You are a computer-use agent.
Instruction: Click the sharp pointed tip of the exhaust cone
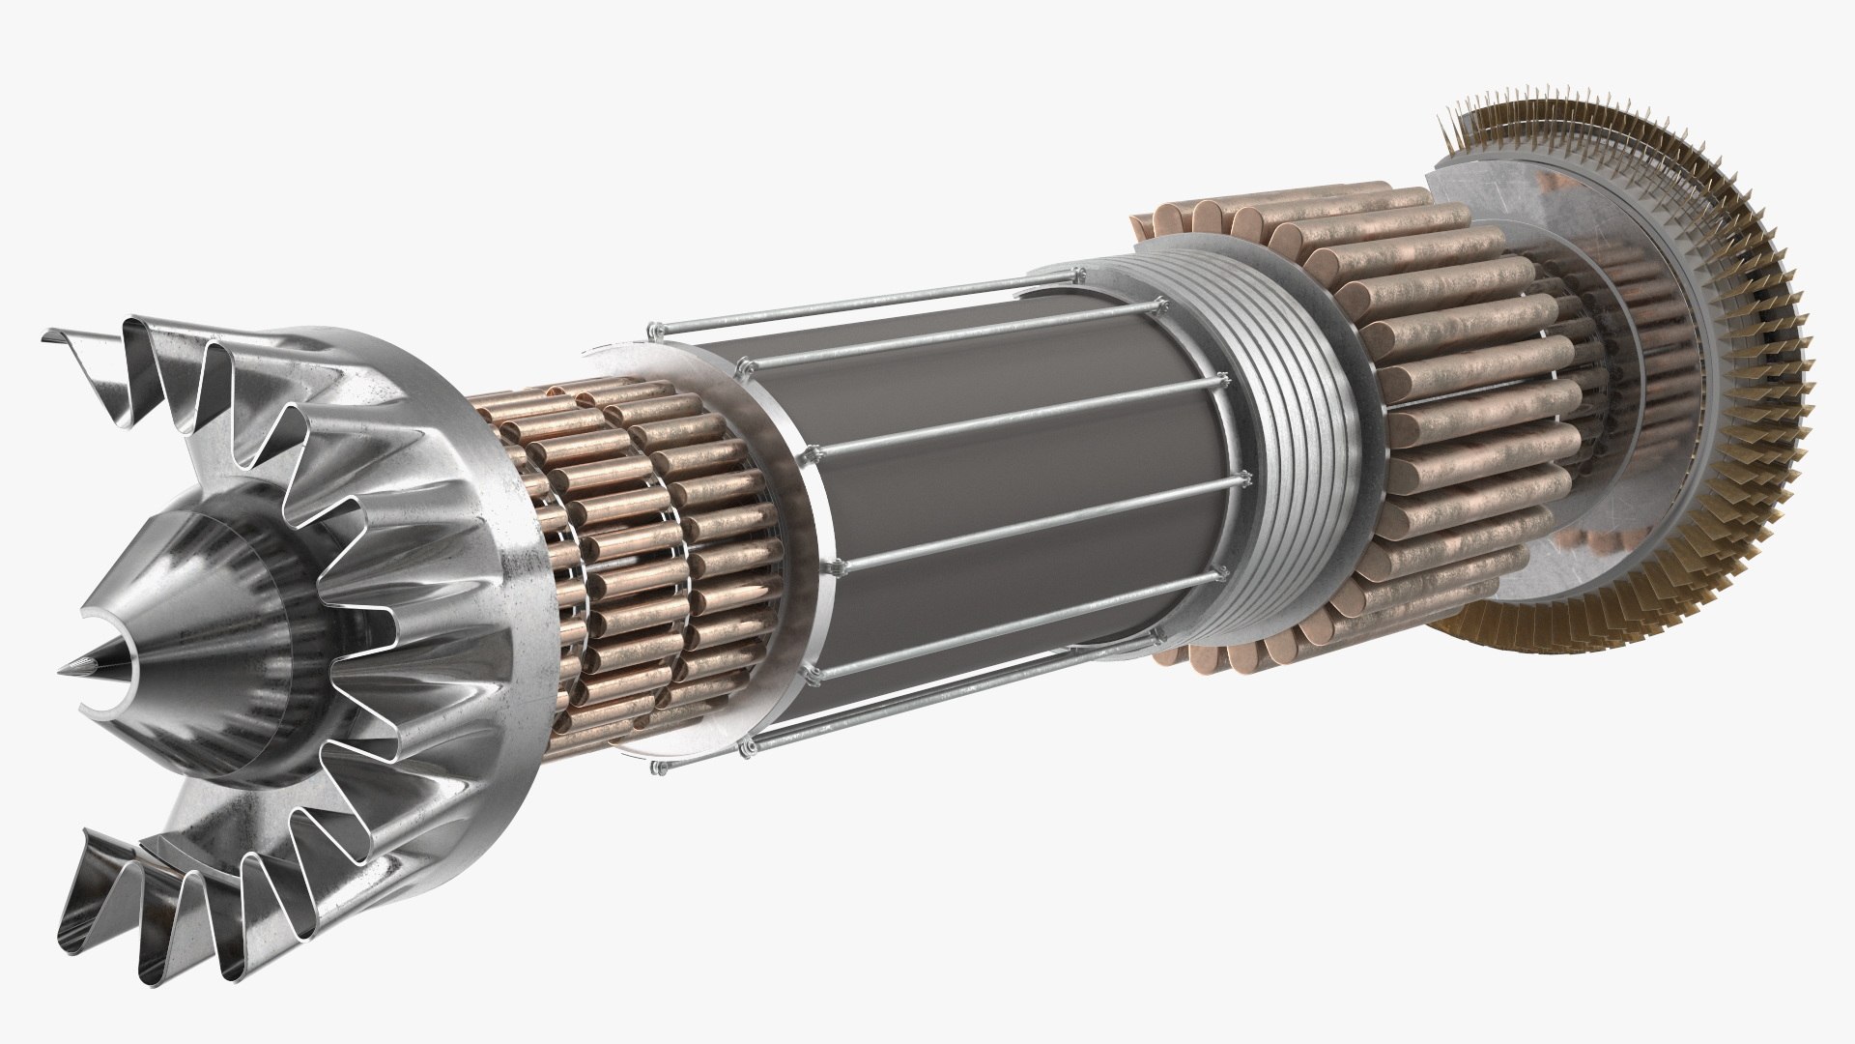pyautogui.click(x=70, y=667)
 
